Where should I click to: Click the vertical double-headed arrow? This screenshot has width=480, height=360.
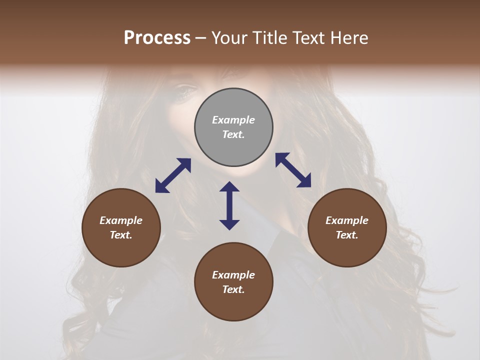(x=229, y=205)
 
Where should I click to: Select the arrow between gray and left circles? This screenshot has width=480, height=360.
(x=173, y=175)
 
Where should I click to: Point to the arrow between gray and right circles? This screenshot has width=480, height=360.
(x=293, y=170)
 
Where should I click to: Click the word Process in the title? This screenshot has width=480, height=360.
(x=157, y=37)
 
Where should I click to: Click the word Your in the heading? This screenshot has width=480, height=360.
(x=228, y=37)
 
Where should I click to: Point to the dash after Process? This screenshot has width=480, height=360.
(x=200, y=38)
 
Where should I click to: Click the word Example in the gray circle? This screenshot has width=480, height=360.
(x=233, y=120)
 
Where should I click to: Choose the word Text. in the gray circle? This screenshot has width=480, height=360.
(x=233, y=134)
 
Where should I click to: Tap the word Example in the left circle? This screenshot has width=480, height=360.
(x=121, y=220)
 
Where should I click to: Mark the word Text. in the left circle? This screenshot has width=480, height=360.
(x=121, y=235)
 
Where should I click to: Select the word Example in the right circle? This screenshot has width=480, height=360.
(x=347, y=220)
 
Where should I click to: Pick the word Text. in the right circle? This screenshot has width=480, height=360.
(x=347, y=235)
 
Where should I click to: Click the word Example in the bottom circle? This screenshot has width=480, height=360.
(x=233, y=275)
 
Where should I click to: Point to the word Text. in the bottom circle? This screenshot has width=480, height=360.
(x=233, y=289)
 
